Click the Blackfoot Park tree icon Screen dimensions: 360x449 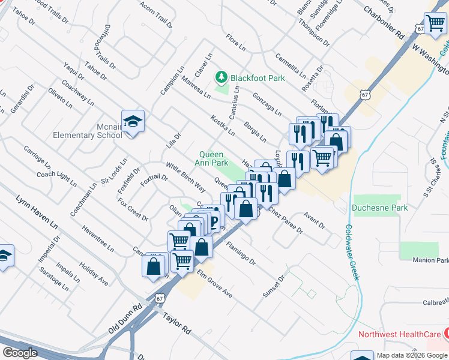pyautogui.click(x=222, y=77)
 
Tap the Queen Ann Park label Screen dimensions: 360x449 pyautogui.click(x=214, y=158)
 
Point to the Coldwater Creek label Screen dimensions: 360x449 pyautogui.click(x=352, y=253)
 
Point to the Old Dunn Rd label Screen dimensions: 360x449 pyautogui.click(x=125, y=318)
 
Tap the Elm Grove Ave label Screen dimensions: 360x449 pyautogui.click(x=214, y=284)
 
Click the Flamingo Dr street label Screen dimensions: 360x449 pyautogui.click(x=241, y=253)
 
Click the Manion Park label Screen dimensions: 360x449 pyautogui.click(x=430, y=260)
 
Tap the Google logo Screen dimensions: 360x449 pyautogui.click(x=20, y=352)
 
